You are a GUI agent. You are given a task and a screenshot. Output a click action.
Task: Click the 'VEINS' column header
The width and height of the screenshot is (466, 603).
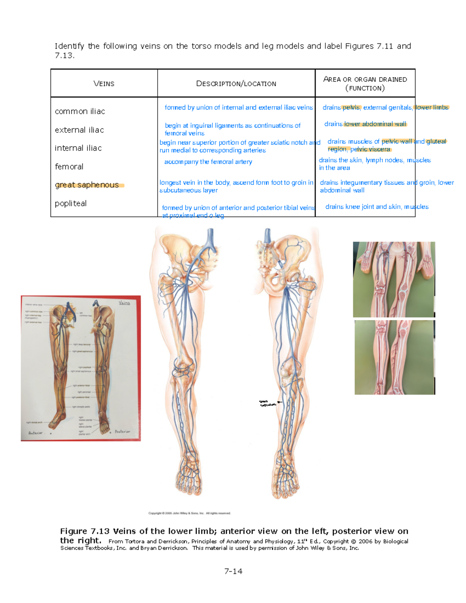click(104, 83)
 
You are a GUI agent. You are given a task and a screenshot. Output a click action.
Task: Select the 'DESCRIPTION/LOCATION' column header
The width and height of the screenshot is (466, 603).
click(236, 83)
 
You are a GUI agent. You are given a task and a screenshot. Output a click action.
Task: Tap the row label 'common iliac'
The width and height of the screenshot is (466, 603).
click(80, 111)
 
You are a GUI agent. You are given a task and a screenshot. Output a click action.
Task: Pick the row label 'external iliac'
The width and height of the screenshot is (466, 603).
click(79, 130)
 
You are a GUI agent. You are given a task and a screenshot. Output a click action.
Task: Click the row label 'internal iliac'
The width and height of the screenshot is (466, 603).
click(78, 148)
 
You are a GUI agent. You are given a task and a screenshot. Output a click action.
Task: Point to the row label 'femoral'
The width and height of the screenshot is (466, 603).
click(69, 167)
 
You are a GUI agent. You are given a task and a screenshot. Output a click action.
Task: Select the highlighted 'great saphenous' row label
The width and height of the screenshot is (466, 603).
click(87, 185)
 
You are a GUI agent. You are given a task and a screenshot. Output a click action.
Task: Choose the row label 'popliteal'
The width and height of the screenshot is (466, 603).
click(71, 203)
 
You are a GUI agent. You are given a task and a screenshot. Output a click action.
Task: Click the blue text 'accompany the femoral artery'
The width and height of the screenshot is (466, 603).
click(208, 162)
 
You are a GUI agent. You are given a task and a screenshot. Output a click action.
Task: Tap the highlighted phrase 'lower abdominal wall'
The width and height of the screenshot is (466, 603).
click(375, 124)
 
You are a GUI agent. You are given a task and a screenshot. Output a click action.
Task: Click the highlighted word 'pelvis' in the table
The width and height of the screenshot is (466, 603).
click(351, 108)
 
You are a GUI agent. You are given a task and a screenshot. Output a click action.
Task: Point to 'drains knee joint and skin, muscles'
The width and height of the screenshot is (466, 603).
click(377, 207)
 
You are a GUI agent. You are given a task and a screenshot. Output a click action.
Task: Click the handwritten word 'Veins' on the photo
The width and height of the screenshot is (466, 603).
click(124, 302)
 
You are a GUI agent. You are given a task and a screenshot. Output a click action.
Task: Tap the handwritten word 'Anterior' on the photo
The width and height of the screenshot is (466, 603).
click(35, 433)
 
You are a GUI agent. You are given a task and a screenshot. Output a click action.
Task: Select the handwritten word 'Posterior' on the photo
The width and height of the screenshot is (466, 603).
click(122, 431)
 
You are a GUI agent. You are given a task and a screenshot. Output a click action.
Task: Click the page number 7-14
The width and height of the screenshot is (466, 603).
click(233, 571)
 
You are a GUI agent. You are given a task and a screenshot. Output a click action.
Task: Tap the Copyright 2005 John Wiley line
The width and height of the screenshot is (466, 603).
click(190, 513)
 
